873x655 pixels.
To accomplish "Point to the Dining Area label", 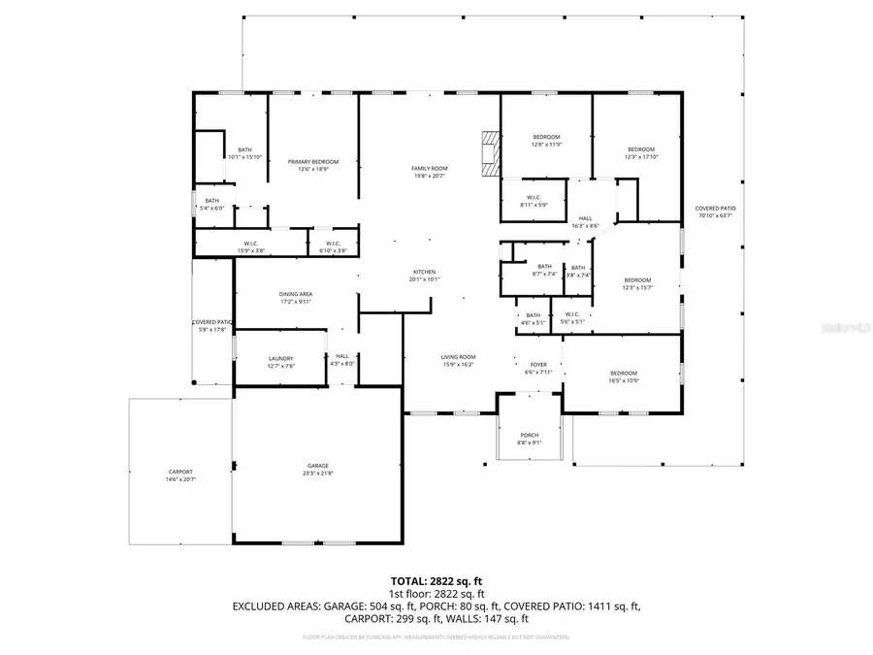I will tap(296, 297).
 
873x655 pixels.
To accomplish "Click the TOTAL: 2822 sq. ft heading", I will tap(436, 579).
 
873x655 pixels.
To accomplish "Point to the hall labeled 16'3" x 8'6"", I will tap(586, 222).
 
